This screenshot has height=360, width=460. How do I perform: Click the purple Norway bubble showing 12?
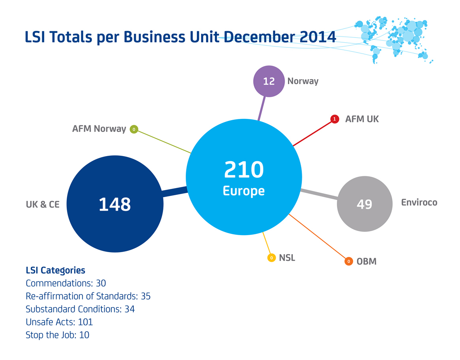coord(269,81)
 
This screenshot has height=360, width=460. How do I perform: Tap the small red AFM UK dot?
coord(334,119)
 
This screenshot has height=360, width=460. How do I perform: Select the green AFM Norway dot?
coord(134,129)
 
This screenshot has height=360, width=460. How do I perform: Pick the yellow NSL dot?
coord(271,258)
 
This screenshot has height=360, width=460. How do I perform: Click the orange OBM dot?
coord(349,261)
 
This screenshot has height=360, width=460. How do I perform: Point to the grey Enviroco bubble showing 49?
coord(364,204)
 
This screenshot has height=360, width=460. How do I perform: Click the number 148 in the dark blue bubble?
coord(115,204)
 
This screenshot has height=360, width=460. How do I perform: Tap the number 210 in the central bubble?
coord(244,170)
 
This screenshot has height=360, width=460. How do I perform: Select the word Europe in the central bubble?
coord(244,190)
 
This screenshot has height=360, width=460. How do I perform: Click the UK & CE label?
coord(43,205)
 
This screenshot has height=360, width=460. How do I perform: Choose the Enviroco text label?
coord(419,202)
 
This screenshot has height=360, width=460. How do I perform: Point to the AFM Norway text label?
coord(99,129)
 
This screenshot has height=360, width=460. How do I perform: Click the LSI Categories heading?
coord(55,270)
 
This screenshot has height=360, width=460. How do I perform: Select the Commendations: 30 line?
coord(66,283)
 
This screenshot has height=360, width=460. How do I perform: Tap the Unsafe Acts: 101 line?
coord(59,322)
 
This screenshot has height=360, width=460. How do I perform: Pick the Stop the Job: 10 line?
coord(58,335)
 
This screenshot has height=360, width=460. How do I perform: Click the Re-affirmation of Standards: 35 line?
coord(88,296)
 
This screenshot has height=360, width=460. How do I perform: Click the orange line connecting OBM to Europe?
coord(318,237)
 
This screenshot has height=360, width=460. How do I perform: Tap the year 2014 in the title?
coord(318,37)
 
